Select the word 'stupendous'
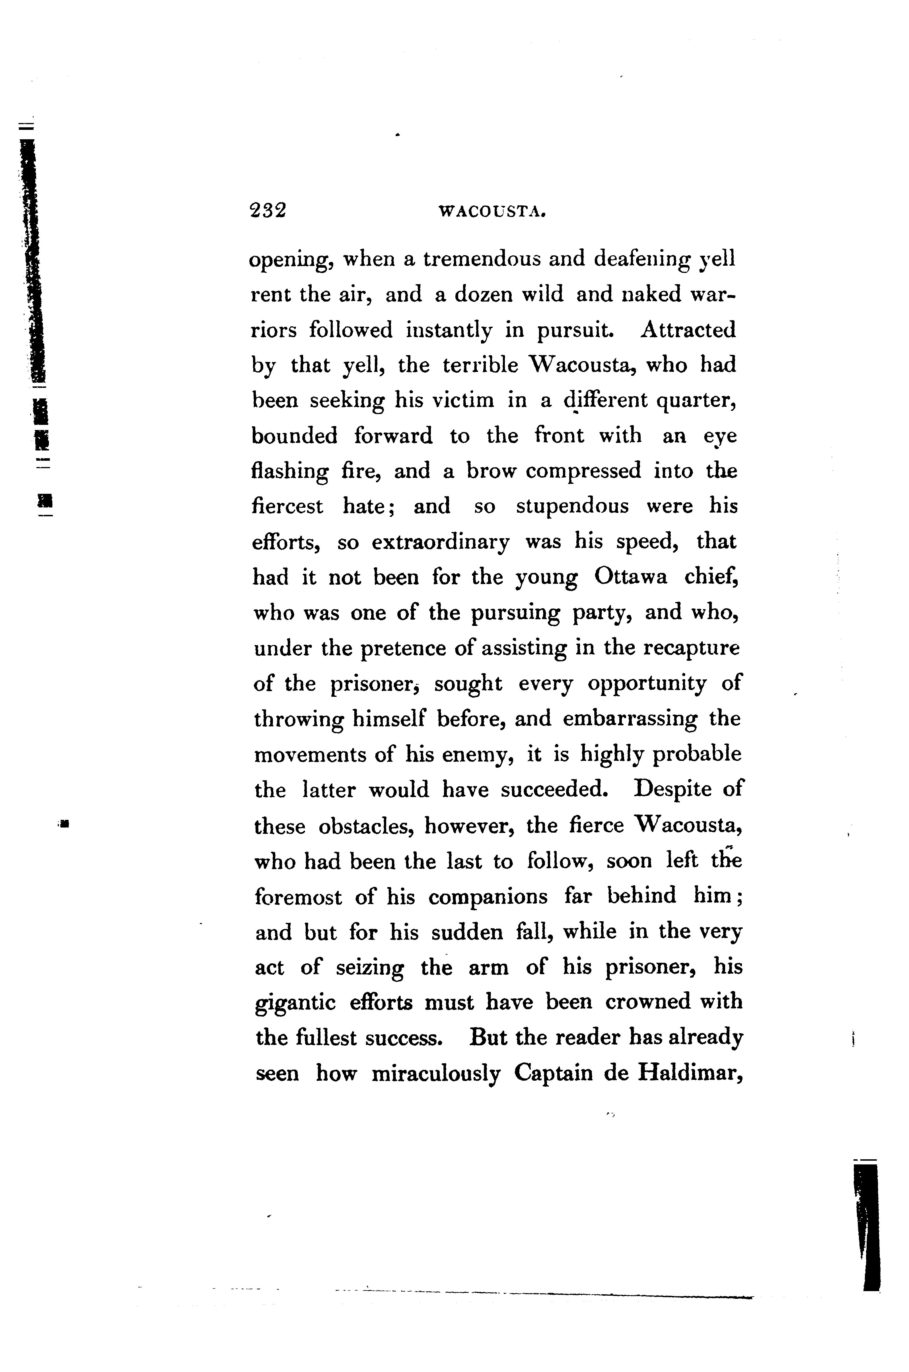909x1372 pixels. tap(572, 506)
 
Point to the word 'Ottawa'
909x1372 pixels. tap(631, 578)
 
